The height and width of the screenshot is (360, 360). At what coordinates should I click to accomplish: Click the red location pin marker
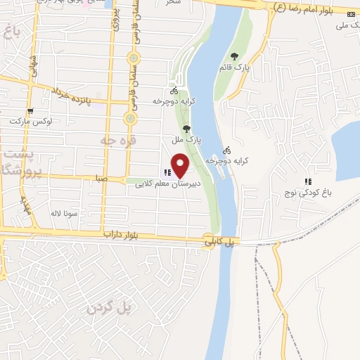[x=181, y=165]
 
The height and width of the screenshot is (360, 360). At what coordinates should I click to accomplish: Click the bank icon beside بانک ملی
[x=352, y=15]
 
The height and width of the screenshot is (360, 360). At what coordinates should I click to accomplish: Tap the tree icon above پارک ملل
[x=186, y=129]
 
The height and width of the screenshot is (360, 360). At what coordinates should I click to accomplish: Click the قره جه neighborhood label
[x=112, y=141]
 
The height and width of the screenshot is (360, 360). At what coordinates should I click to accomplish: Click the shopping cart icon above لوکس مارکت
[x=30, y=110]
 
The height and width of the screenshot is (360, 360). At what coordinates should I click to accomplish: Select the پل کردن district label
[x=109, y=308]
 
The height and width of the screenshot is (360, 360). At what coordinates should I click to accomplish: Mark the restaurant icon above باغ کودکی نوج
[x=307, y=181]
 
